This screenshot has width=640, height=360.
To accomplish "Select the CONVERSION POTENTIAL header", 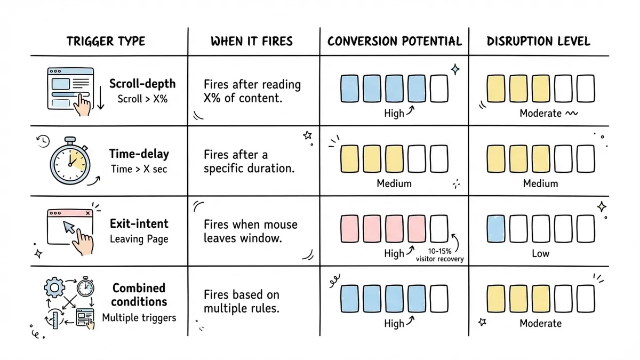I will coord(394,42).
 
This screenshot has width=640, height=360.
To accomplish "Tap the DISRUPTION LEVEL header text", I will coord(539,42).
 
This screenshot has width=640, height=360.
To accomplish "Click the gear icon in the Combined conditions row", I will coord(54,289).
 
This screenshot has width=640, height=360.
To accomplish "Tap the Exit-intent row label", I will coord(139,223).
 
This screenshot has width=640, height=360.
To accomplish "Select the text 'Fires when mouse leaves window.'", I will coord(250,231).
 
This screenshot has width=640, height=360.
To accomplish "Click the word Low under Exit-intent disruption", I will coord(540,253).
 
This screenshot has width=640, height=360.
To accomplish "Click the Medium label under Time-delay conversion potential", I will coord(394,183).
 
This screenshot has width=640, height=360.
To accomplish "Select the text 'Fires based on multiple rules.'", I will coord(242,301).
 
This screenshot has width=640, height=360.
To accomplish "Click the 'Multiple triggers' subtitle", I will coord(139,318).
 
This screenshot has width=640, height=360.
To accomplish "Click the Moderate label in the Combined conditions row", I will coord(540,323).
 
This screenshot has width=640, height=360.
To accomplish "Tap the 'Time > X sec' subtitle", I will coord(139,169).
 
